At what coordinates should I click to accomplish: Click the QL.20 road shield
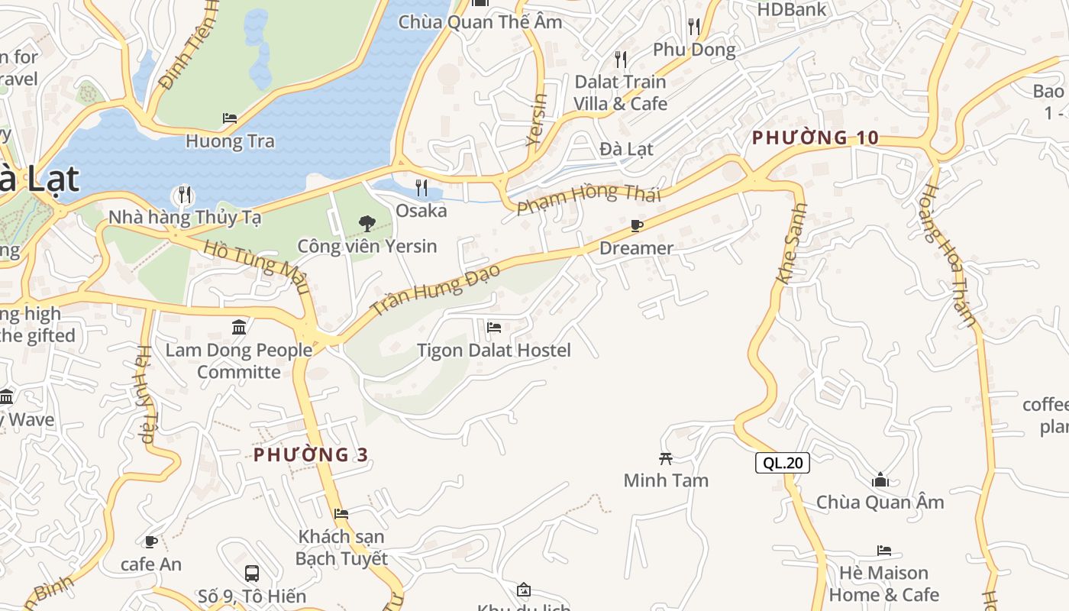(783, 462)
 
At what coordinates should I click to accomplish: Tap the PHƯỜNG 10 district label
(815, 138)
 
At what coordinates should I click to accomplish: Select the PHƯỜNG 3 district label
(311, 455)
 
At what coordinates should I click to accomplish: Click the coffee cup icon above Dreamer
(636, 225)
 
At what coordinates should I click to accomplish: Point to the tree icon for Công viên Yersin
(367, 223)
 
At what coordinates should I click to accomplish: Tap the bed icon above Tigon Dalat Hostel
(494, 328)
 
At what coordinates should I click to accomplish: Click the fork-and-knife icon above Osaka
(421, 187)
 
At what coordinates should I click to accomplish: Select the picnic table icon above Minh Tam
(666, 458)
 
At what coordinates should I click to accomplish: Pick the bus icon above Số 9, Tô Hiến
(251, 573)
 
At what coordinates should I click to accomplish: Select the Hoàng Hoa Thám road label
(948, 256)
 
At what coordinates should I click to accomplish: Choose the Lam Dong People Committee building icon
(239, 328)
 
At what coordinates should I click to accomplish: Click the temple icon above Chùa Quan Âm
(880, 480)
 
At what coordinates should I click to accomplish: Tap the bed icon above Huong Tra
(229, 118)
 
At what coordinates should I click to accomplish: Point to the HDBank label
(792, 9)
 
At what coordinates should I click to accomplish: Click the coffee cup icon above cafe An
(151, 541)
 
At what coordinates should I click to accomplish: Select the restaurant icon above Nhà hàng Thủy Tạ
(184, 194)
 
